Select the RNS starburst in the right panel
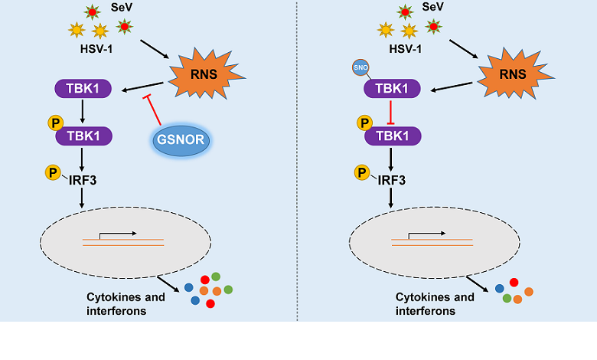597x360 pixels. click(508, 76)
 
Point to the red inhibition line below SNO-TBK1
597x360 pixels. click(391, 112)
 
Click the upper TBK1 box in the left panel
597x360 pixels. click(83, 88)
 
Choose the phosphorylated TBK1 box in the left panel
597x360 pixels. click(83, 136)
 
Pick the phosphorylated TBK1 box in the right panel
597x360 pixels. click(391, 136)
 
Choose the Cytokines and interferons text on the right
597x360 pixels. click(435, 303)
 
